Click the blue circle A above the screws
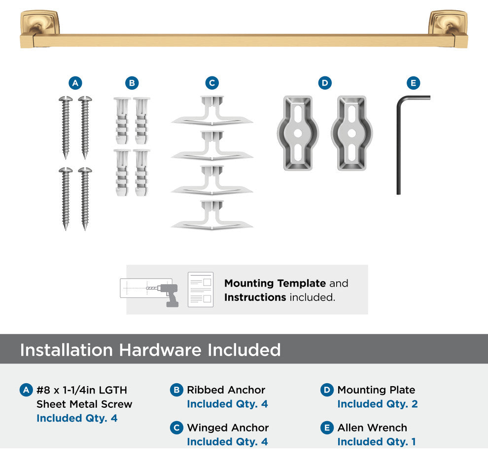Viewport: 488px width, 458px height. (x=75, y=83)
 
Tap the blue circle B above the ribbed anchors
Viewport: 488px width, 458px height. (x=132, y=83)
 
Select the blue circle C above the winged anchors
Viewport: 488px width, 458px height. (x=212, y=83)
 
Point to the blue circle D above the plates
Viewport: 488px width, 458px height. (x=325, y=83)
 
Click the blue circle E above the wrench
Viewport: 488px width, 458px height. (x=413, y=83)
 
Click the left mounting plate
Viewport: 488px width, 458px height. (x=298, y=133)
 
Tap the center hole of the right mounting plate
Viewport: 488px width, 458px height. (x=351, y=133)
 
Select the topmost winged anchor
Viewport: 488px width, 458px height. (x=212, y=111)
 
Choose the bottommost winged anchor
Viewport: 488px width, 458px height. (x=212, y=215)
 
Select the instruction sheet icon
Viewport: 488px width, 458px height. (x=201, y=290)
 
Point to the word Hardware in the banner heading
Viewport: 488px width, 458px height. (x=160, y=350)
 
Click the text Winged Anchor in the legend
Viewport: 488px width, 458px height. (x=228, y=428)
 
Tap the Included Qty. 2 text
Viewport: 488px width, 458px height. (x=378, y=404)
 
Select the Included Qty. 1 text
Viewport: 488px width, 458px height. (x=377, y=442)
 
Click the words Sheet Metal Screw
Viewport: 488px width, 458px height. (x=84, y=404)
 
